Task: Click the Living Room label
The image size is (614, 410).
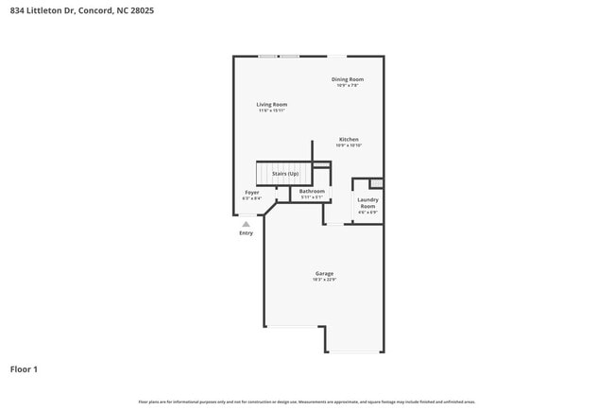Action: tap(272, 104)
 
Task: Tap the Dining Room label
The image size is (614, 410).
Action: tap(347, 79)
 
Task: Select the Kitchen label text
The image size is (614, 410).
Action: tap(349, 139)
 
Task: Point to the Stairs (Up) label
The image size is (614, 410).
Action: tap(285, 174)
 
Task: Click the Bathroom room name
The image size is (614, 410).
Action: tap(312, 191)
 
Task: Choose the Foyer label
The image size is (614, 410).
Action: tap(251, 192)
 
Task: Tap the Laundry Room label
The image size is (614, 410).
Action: tap(367, 202)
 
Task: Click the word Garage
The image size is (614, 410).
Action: tap(324, 273)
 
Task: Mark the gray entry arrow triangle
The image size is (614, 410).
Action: tap(246, 224)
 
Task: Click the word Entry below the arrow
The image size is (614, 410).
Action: tap(246, 232)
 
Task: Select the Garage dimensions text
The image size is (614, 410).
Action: tap(324, 280)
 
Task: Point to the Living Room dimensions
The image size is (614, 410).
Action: tap(272, 111)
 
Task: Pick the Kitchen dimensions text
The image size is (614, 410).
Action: tap(349, 145)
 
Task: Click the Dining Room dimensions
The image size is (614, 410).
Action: tap(347, 86)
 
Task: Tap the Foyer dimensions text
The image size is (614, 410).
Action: tap(251, 198)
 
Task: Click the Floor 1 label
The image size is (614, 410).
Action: tap(24, 368)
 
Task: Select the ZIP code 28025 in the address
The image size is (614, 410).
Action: tap(142, 10)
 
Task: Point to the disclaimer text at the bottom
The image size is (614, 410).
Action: tap(306, 401)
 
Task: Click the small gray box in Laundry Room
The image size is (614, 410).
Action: tap(376, 183)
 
